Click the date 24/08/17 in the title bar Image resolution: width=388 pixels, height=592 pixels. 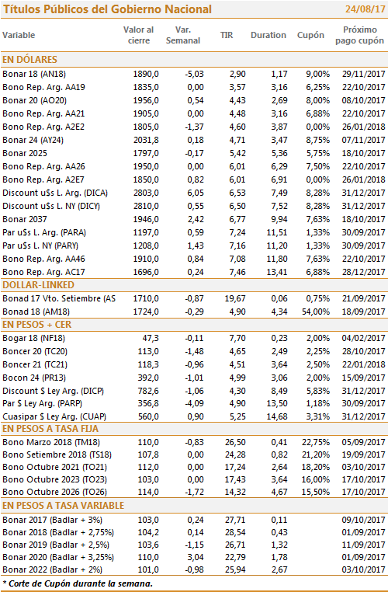pyautogui.click(x=365, y=9)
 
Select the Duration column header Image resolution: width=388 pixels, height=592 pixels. pyautogui.click(x=268, y=35)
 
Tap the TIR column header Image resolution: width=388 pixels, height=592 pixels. pyautogui.click(x=227, y=35)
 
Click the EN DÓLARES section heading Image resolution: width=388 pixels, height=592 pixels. pyautogui.click(x=29, y=60)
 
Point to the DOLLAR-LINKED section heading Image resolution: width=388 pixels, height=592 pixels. pyautogui.click(x=39, y=285)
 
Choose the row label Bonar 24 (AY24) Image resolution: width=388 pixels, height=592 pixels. pyautogui.click(x=33, y=140)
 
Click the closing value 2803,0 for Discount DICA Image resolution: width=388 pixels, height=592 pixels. pyautogui.click(x=146, y=193)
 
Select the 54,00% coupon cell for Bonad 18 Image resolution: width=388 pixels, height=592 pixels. pyautogui.click(x=316, y=312)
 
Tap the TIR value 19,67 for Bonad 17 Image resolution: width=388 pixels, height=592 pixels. pyautogui.click(x=235, y=298)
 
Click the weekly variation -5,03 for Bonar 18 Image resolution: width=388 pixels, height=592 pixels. pyautogui.click(x=194, y=74)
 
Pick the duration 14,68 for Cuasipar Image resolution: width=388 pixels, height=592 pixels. pyautogui.click(x=277, y=417)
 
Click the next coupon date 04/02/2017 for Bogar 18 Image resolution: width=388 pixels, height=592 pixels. pyautogui.click(x=363, y=338)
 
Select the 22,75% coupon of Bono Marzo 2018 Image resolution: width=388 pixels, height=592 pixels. pyautogui.click(x=316, y=442)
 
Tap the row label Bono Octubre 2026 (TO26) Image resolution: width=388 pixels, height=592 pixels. pyautogui.click(x=54, y=492)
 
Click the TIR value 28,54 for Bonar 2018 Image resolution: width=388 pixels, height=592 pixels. pyautogui.click(x=235, y=532)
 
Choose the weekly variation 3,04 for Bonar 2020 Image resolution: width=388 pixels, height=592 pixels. pyautogui.click(x=196, y=557)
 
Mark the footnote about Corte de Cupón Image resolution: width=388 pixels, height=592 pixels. pyautogui.click(x=78, y=583)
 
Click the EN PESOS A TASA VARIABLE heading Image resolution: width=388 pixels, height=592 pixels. pyautogui.click(x=64, y=506)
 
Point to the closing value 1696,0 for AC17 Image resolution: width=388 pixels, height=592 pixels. pyautogui.click(x=146, y=272)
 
